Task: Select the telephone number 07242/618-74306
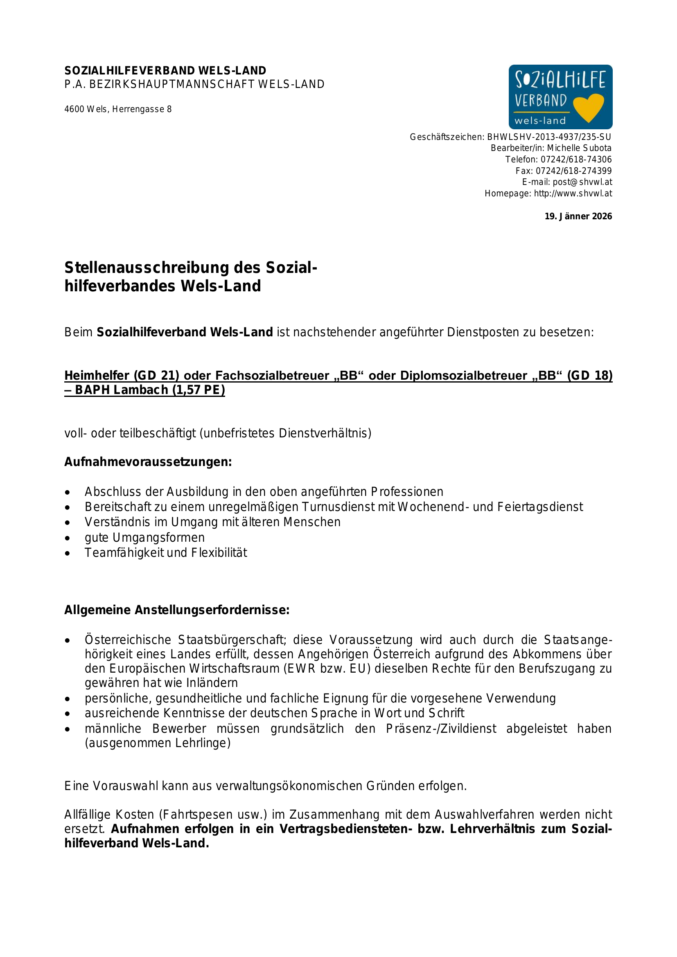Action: pyautogui.click(x=576, y=159)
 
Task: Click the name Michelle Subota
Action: pyautogui.click(x=579, y=148)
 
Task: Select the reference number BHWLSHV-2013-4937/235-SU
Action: pyautogui.click(x=548, y=137)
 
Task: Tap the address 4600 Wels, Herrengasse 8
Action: pyautogui.click(x=118, y=109)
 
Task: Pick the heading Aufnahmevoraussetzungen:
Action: pyautogui.click(x=148, y=462)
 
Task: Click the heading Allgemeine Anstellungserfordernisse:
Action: pyautogui.click(x=177, y=610)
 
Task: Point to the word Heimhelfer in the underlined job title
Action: pyautogui.click(x=97, y=376)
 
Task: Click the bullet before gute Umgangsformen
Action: pyautogui.click(x=68, y=538)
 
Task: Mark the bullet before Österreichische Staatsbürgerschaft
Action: pyautogui.click(x=68, y=641)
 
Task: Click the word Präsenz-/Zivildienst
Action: pyautogui.click(x=441, y=729)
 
